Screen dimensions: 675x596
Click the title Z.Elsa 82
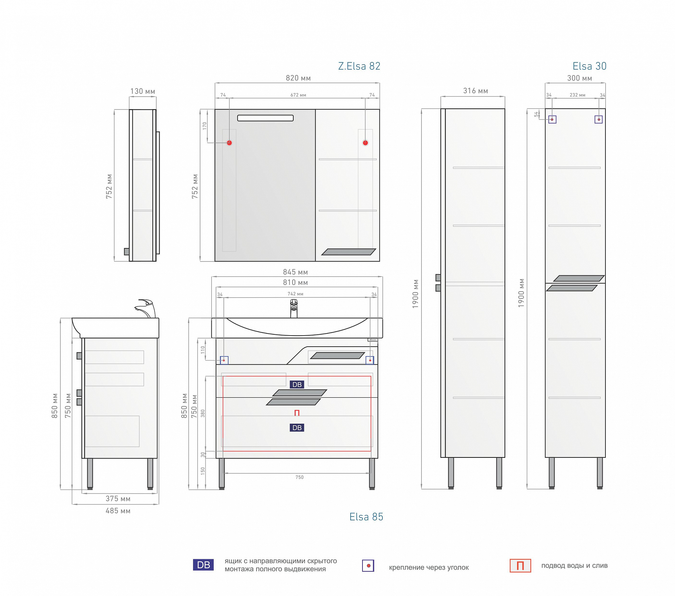pyautogui.click(x=359, y=66)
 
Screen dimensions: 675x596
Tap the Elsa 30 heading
pyautogui.click(x=589, y=66)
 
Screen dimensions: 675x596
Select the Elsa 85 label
pyautogui.click(x=366, y=517)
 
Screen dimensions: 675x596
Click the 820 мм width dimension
pyautogui.click(x=298, y=78)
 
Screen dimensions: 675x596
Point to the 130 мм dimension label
pyautogui.click(x=143, y=91)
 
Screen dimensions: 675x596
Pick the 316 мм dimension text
pyautogui.click(x=476, y=91)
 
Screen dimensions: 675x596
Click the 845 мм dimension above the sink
pyautogui.click(x=295, y=272)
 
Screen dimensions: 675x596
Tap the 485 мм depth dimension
pyautogui.click(x=118, y=511)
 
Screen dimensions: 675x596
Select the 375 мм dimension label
pyautogui.click(x=118, y=499)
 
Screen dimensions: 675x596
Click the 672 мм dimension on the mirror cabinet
pyautogui.click(x=298, y=95)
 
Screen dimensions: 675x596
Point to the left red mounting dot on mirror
pyautogui.click(x=230, y=143)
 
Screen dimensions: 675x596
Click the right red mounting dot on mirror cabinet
pyautogui.click(x=365, y=143)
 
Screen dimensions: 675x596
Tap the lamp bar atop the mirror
pyautogui.click(x=265, y=118)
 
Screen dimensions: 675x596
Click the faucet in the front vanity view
pyautogui.click(x=294, y=308)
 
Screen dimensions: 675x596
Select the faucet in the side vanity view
pyautogui.click(x=145, y=308)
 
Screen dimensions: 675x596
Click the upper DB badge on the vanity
pyautogui.click(x=297, y=384)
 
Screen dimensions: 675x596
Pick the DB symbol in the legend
pyautogui.click(x=203, y=565)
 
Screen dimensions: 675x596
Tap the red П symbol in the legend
pyautogui.click(x=520, y=566)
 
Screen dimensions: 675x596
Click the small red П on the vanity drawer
pyautogui.click(x=297, y=413)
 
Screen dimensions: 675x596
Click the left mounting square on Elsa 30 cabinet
pyautogui.click(x=552, y=119)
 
